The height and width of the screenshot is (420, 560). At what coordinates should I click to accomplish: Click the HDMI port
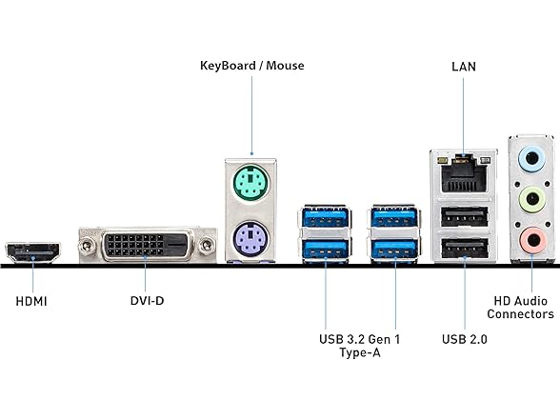pyautogui.click(x=32, y=253)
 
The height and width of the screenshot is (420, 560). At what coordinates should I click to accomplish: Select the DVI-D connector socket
pyautogui.click(x=147, y=244)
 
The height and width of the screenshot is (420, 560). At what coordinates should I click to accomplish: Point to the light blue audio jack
pyautogui.click(x=532, y=158)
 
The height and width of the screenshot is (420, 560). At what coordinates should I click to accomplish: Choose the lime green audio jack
pyautogui.click(x=532, y=198)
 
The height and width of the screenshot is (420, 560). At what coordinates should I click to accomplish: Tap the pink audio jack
pyautogui.click(x=532, y=240)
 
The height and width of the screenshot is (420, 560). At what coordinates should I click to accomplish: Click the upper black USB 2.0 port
pyautogui.click(x=465, y=217)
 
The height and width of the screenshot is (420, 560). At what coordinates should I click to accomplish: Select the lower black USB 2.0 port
pyautogui.click(x=465, y=249)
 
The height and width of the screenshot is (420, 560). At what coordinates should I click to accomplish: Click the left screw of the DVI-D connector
pyautogui.click(x=86, y=246)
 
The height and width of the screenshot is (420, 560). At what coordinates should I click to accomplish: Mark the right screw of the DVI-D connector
pyautogui.click(x=207, y=246)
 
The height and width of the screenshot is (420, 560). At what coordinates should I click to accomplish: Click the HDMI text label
pyautogui.click(x=31, y=301)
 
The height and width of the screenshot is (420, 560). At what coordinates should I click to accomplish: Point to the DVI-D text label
pyautogui.click(x=147, y=301)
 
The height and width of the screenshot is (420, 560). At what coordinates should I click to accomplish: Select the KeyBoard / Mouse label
pyautogui.click(x=252, y=66)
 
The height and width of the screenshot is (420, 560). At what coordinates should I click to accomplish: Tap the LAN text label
pyautogui.click(x=464, y=67)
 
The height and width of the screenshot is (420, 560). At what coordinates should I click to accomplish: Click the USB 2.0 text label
pyautogui.click(x=465, y=339)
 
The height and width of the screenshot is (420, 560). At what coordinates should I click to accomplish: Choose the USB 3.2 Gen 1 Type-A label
pyautogui.click(x=360, y=346)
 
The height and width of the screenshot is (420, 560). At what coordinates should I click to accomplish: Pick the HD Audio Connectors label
pyautogui.click(x=520, y=308)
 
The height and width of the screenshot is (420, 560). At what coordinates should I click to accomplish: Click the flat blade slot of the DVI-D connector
pyautogui.click(x=177, y=245)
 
